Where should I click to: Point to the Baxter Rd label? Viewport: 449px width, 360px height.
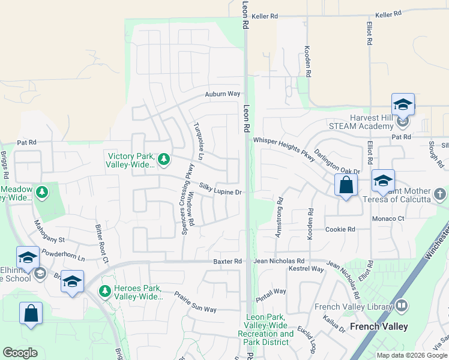[x=228, y=262]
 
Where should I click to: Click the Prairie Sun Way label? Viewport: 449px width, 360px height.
[x=195, y=302]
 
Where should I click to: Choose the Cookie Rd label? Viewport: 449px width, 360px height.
[x=340, y=229]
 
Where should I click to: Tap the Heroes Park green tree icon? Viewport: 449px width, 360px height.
[x=105, y=291]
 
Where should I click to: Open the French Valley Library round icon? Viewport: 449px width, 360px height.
[x=402, y=307]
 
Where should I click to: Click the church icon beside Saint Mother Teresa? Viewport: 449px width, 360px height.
[x=440, y=194]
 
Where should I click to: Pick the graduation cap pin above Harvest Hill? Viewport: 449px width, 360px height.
[x=403, y=104]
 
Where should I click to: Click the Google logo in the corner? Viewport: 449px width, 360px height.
[x=20, y=353]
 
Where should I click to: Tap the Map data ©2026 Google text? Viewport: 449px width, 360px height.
[x=411, y=355]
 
